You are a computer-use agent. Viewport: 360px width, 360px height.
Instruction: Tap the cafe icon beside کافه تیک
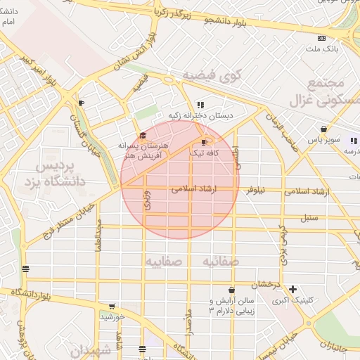click(204, 142)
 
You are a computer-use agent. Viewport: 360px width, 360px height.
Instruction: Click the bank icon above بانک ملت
click(321, 38)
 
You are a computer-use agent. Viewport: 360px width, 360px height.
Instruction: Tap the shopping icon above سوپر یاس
click(323, 129)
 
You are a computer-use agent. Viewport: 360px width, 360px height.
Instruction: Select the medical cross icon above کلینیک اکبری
click(292, 289)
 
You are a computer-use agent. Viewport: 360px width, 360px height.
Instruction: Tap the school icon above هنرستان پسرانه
click(143, 135)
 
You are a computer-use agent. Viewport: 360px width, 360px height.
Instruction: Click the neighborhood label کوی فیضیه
click(212, 75)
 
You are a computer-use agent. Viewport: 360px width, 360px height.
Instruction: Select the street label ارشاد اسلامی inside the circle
click(193, 190)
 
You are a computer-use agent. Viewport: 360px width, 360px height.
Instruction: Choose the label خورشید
click(112, 317)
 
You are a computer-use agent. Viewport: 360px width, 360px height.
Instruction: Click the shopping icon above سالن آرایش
click(231, 290)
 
